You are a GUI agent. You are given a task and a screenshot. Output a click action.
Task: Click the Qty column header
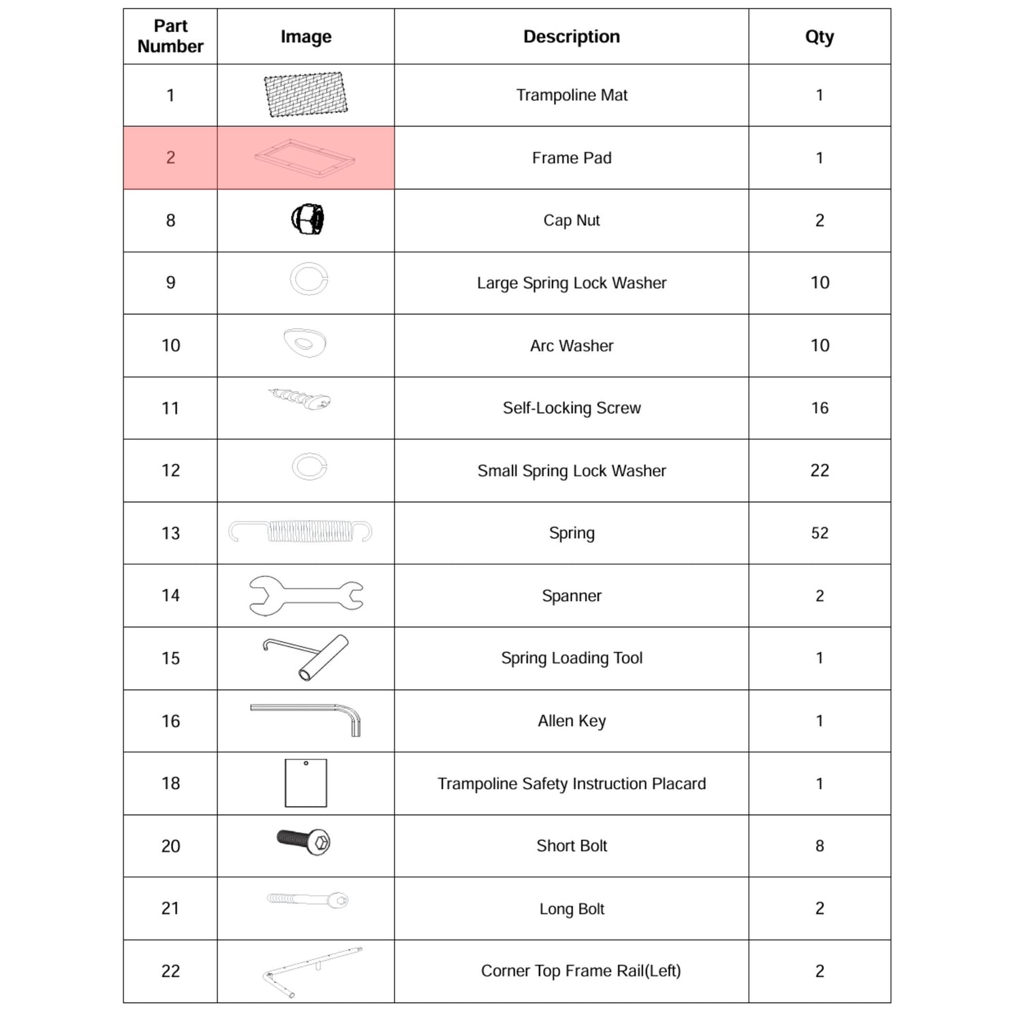[819, 37]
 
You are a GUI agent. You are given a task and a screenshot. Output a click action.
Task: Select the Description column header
[571, 37]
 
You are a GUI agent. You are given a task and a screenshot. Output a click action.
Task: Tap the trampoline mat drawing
[305, 95]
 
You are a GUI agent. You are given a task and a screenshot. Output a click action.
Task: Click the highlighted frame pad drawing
[305, 158]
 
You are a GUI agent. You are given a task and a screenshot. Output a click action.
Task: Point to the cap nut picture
[307, 219]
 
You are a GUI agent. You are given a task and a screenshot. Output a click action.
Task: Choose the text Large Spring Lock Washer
[571, 283]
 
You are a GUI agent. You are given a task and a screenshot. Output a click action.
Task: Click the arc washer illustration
[305, 343]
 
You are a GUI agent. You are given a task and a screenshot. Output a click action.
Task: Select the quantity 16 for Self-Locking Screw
[819, 408]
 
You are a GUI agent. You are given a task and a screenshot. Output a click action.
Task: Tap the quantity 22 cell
[819, 471]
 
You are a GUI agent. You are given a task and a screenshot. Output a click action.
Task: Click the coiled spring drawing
[300, 531]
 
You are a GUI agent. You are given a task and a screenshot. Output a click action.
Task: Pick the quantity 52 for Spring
[819, 533]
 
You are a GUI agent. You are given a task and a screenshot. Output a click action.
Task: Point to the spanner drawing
[306, 595]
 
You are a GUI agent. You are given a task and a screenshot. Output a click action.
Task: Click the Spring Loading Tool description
[571, 658]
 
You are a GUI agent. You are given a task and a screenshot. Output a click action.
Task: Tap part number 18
[170, 784]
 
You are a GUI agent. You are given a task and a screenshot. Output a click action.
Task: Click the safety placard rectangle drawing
[305, 783]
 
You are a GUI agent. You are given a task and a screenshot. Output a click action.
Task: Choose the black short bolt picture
[304, 842]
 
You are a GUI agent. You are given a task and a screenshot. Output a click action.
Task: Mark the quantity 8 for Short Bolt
[819, 846]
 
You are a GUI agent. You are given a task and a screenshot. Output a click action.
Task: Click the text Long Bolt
[571, 909]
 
